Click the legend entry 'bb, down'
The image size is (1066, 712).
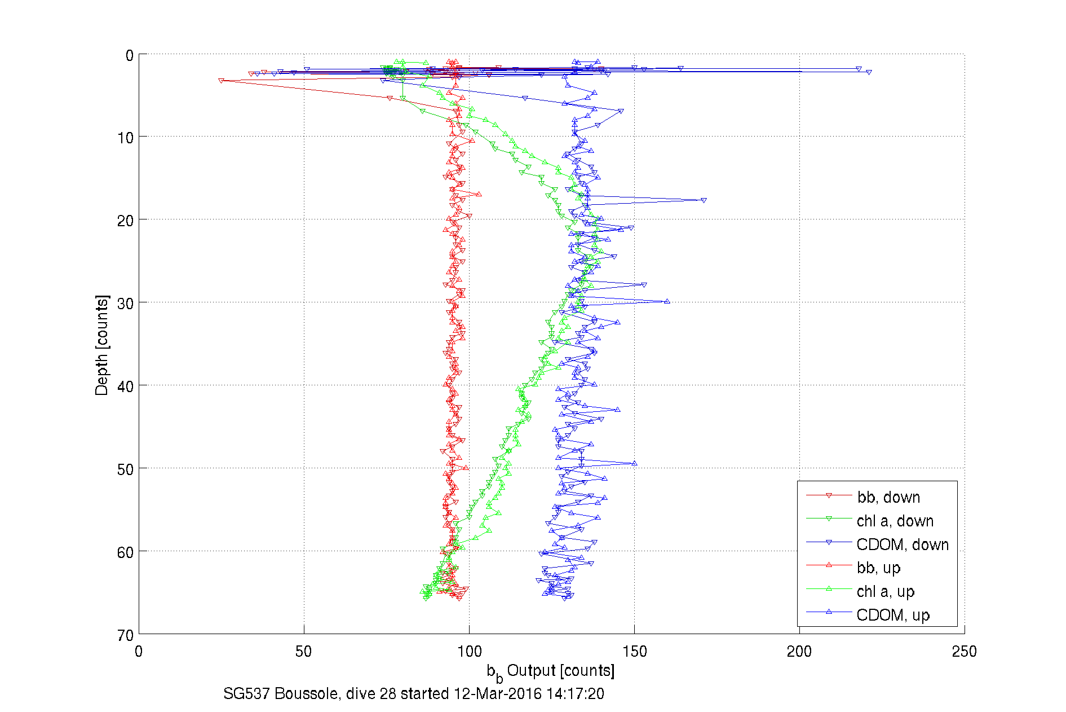pos(888,497)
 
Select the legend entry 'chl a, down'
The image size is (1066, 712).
pos(895,521)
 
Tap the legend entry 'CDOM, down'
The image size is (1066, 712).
pos(902,544)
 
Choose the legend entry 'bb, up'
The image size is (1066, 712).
pos(878,568)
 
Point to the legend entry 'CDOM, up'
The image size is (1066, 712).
pos(892,615)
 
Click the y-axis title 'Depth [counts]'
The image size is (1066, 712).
pos(101,345)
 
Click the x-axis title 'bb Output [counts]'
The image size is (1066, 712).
pos(551,671)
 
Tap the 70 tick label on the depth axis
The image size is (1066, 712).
pos(125,635)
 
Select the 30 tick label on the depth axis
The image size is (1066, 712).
pos(125,304)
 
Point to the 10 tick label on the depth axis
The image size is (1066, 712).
pos(125,138)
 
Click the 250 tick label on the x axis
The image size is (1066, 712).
pos(964,652)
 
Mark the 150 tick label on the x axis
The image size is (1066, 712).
pos(634,652)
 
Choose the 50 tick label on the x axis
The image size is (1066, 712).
pos(303,652)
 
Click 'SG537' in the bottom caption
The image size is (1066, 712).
pos(246,693)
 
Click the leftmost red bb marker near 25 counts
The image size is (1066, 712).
pos(221,81)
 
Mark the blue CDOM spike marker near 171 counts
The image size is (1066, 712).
pos(704,200)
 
